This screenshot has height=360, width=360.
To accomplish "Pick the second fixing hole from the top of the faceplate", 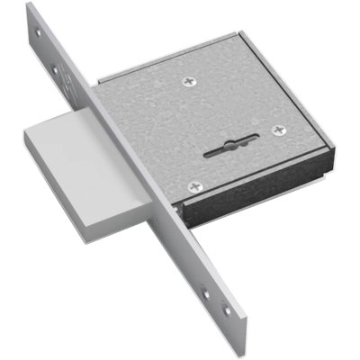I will coord(56,67).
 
